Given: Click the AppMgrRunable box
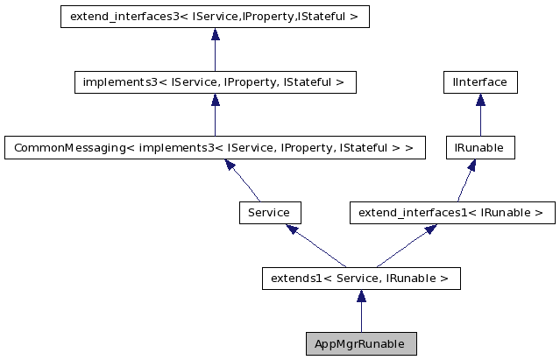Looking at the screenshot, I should coord(360,344).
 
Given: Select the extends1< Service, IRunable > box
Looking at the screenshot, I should coord(360,279).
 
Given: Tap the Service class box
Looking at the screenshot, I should coord(269,213).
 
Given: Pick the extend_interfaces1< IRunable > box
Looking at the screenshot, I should coord(451,213).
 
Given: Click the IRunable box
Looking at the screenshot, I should coord(479,148).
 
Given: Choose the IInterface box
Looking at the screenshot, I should coord(479,82).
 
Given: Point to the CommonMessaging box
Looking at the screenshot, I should coord(215,148).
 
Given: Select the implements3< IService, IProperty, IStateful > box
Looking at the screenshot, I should coord(215,82).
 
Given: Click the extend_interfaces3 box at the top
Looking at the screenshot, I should coord(215,17).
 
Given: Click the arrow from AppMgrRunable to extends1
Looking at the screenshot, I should coord(360,311).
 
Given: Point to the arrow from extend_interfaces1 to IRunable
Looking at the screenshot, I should coord(465,180).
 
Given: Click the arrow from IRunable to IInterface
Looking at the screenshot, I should coord(479,115).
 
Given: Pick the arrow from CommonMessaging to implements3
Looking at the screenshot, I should coord(215,115).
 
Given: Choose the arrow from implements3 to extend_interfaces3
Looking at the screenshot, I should coord(215,49).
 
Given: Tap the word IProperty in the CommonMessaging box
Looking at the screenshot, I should coord(315,148).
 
